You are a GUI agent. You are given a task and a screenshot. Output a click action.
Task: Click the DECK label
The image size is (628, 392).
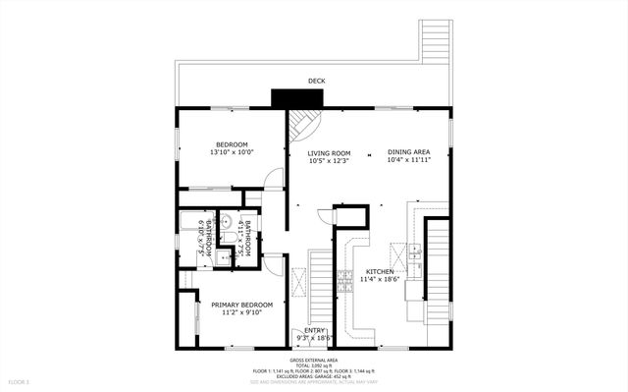coord(316,81)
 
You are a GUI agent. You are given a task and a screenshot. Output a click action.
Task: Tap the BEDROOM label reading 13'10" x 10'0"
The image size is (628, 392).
coord(232,148)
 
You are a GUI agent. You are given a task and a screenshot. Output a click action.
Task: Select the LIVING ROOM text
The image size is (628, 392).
coord(329,157)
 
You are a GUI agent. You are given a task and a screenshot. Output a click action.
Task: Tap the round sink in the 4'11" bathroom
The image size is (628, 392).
coord(225,221)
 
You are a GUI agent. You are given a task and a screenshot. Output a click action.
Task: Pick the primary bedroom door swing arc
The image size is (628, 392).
coord(275,265)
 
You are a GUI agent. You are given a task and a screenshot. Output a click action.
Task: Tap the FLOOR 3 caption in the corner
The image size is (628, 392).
coord(20,380)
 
